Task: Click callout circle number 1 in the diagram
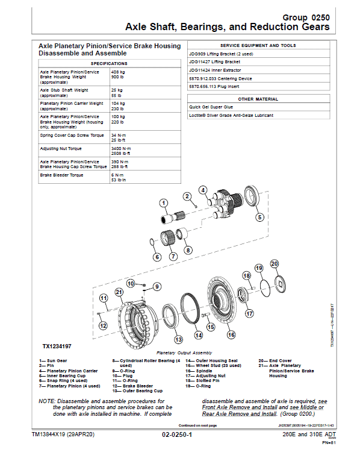coord(163,202)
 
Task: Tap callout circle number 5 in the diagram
coord(259,217)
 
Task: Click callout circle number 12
coord(103,325)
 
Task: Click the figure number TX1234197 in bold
coord(57,346)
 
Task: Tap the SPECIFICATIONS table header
coord(108,63)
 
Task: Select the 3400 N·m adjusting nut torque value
coord(122,148)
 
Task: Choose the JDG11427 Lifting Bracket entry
coord(214,61)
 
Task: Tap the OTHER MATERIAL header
coord(258,98)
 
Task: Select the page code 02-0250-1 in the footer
coord(176,434)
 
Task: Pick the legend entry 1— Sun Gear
coord(54,360)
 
